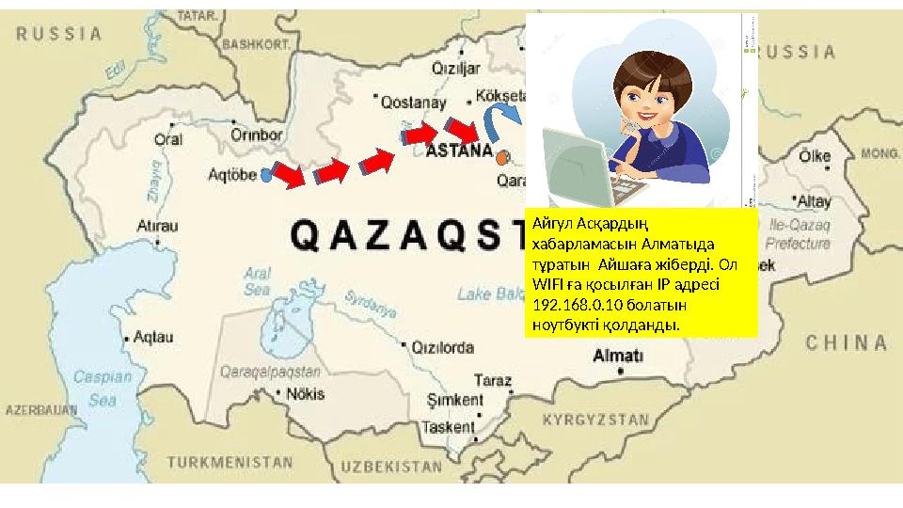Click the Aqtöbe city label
tap(233, 175)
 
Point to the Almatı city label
tap(618, 356)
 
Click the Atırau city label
tap(156, 226)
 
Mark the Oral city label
tap(166, 138)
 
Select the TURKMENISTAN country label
tap(230, 463)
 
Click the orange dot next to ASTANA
tap(504, 156)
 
